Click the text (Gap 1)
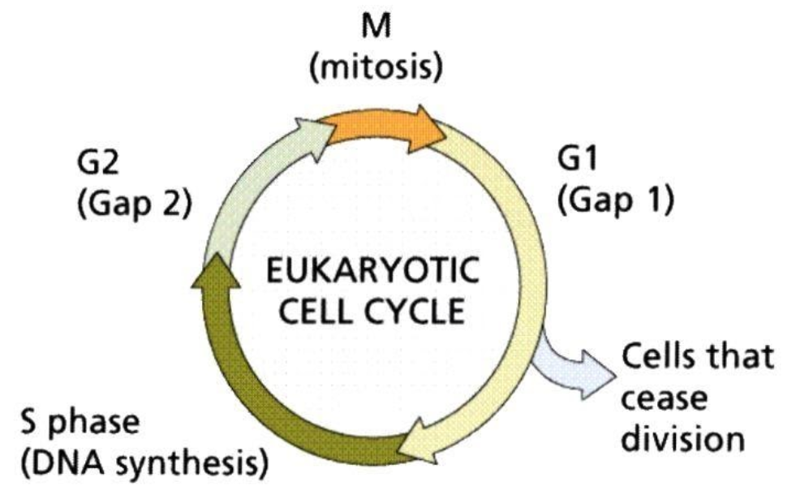pos(614,200)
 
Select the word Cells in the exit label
pos(659,359)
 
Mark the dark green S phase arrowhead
pos(218,271)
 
